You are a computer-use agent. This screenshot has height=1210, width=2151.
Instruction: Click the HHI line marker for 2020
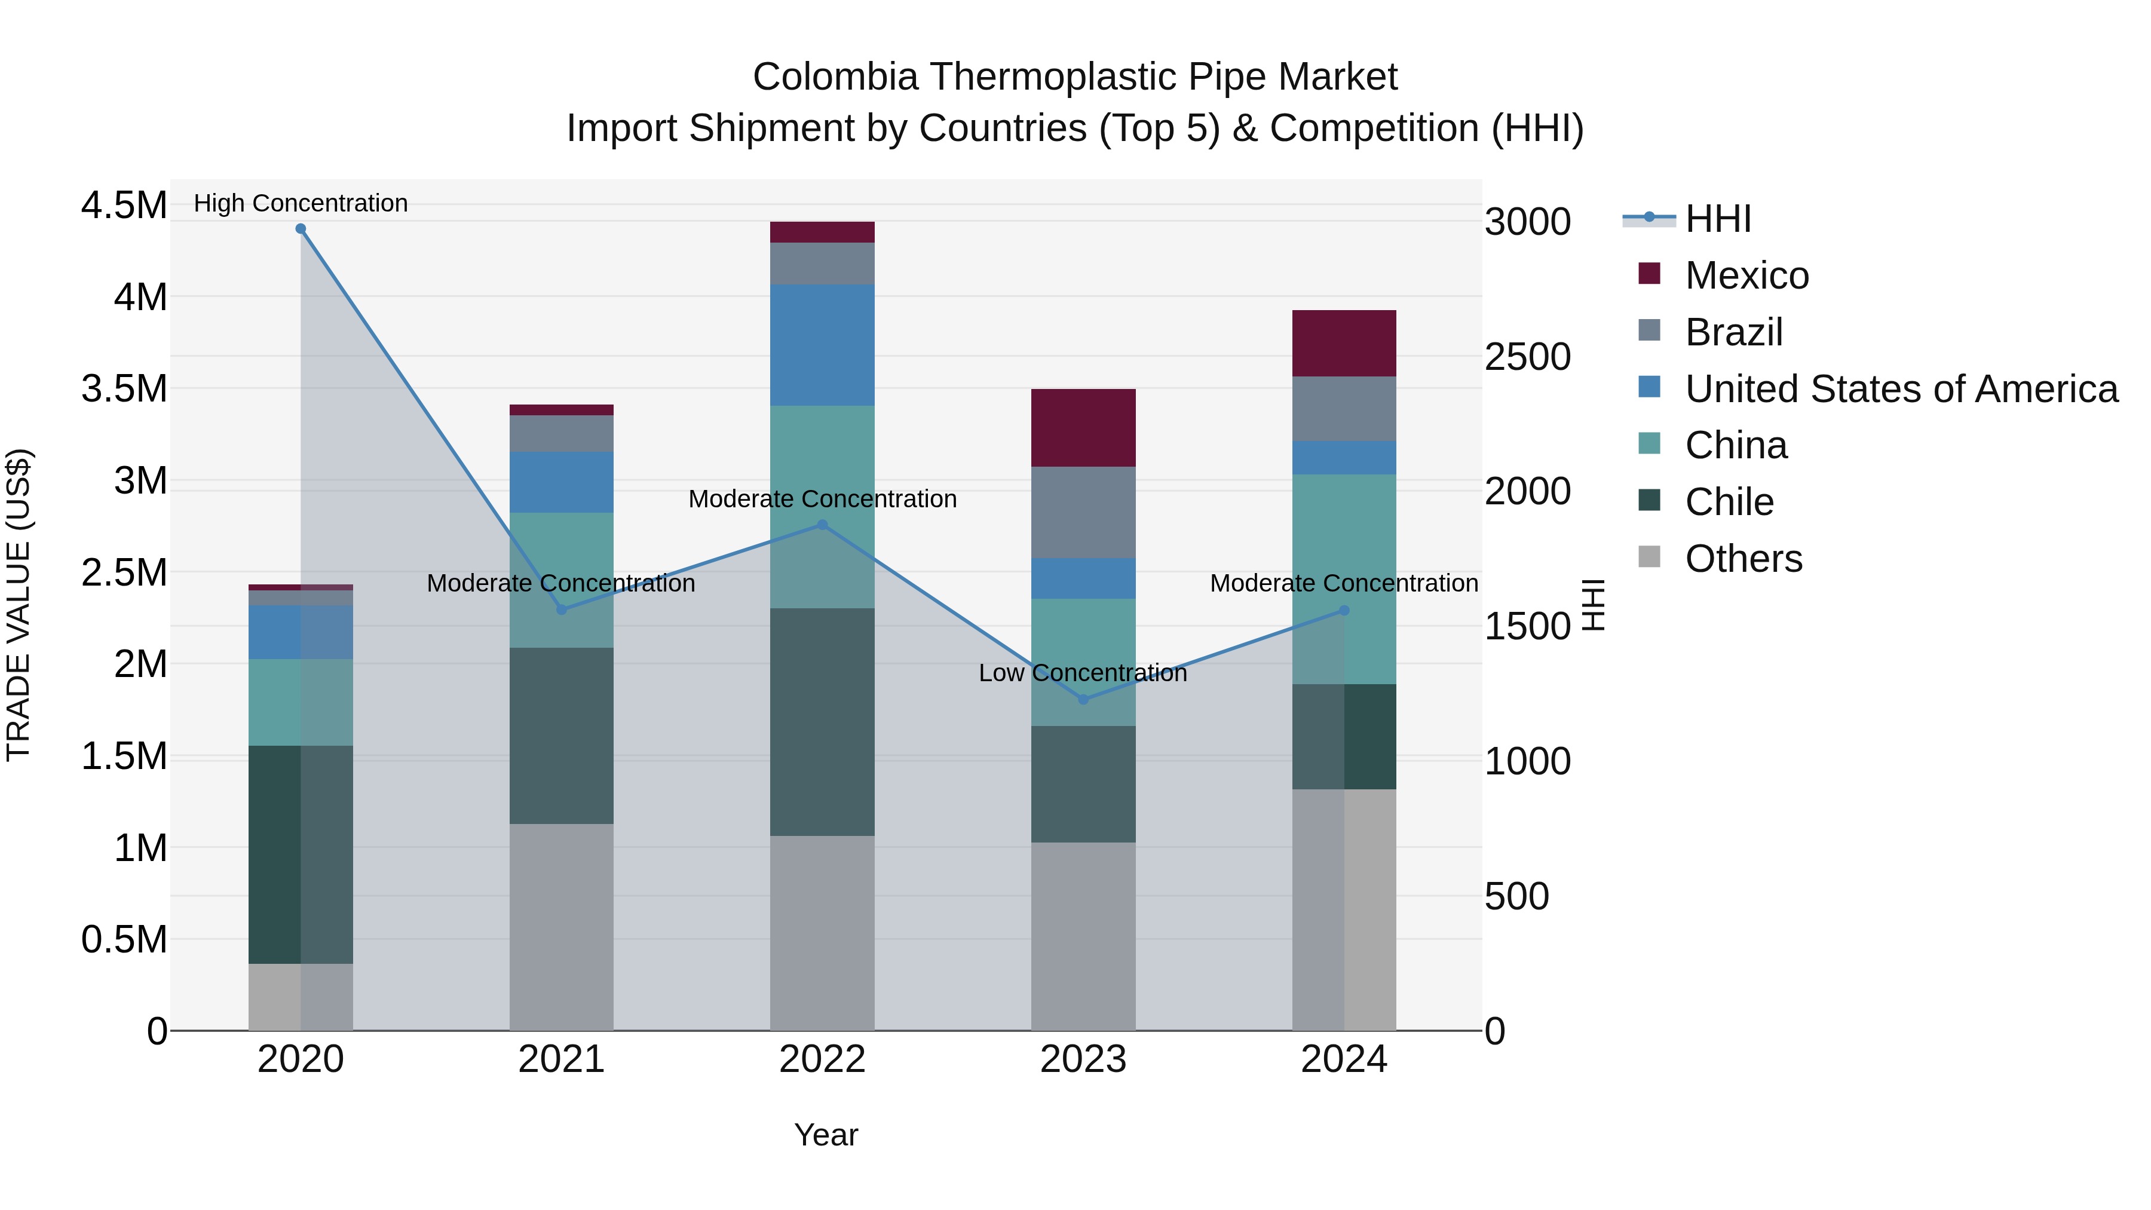pyautogui.click(x=301, y=229)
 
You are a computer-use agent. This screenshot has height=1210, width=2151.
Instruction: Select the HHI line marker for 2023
pyautogui.click(x=1083, y=700)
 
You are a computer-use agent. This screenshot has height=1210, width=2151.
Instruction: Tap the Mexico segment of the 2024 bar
pyautogui.click(x=1344, y=343)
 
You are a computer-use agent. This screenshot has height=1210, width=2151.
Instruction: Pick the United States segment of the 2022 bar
pyautogui.click(x=822, y=345)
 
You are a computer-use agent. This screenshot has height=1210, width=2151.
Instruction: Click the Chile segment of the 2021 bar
pyautogui.click(x=561, y=736)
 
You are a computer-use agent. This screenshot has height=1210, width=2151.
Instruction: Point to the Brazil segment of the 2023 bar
pyautogui.click(x=1083, y=512)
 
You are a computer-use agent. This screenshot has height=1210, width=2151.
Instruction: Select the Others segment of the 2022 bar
pyautogui.click(x=822, y=933)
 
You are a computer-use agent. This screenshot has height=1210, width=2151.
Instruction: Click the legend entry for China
pyautogui.click(x=1735, y=445)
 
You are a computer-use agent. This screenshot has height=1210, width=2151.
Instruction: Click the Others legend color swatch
pyautogui.click(x=1649, y=557)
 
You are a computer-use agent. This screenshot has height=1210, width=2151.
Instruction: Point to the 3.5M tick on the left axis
pyautogui.click(x=124, y=389)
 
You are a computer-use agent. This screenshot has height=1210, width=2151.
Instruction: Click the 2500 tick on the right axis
pyautogui.click(x=1527, y=357)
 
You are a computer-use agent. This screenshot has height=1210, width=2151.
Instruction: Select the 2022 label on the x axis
pyautogui.click(x=822, y=1059)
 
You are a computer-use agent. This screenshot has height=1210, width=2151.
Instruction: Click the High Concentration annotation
pyautogui.click(x=301, y=203)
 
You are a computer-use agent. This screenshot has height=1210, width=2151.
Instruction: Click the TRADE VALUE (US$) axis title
pyautogui.click(x=19, y=605)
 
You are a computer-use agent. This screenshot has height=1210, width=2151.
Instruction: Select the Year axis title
pyautogui.click(x=826, y=1135)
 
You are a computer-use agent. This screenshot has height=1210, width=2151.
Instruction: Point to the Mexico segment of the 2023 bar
pyautogui.click(x=1083, y=428)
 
